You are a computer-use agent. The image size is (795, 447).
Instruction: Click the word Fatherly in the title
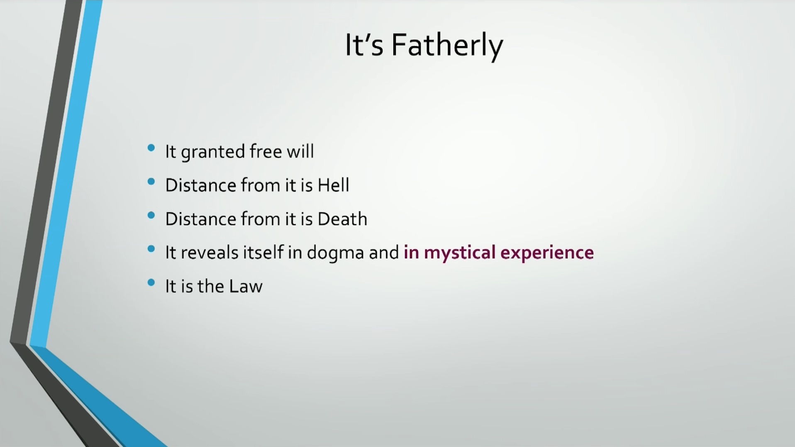tap(447, 46)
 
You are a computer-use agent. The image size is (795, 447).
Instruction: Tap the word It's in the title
tap(364, 45)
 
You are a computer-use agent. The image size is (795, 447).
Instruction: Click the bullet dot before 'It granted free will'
tap(151, 148)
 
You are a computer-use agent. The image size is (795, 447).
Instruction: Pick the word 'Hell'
tap(333, 185)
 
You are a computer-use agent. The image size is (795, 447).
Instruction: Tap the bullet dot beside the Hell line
tap(151, 181)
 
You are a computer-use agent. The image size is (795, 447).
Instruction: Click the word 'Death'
tap(342, 219)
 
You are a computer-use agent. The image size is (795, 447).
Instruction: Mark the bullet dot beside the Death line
tap(151, 215)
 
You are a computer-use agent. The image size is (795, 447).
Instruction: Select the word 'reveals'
tap(210, 253)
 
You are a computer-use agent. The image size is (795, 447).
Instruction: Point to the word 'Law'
tap(246, 287)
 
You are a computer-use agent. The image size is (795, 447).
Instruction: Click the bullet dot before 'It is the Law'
tap(151, 283)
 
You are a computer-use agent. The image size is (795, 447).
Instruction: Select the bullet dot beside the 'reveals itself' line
tap(151, 249)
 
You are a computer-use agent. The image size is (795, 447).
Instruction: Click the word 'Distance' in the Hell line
tap(201, 185)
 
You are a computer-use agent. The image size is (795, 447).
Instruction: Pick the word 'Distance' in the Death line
tap(201, 219)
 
